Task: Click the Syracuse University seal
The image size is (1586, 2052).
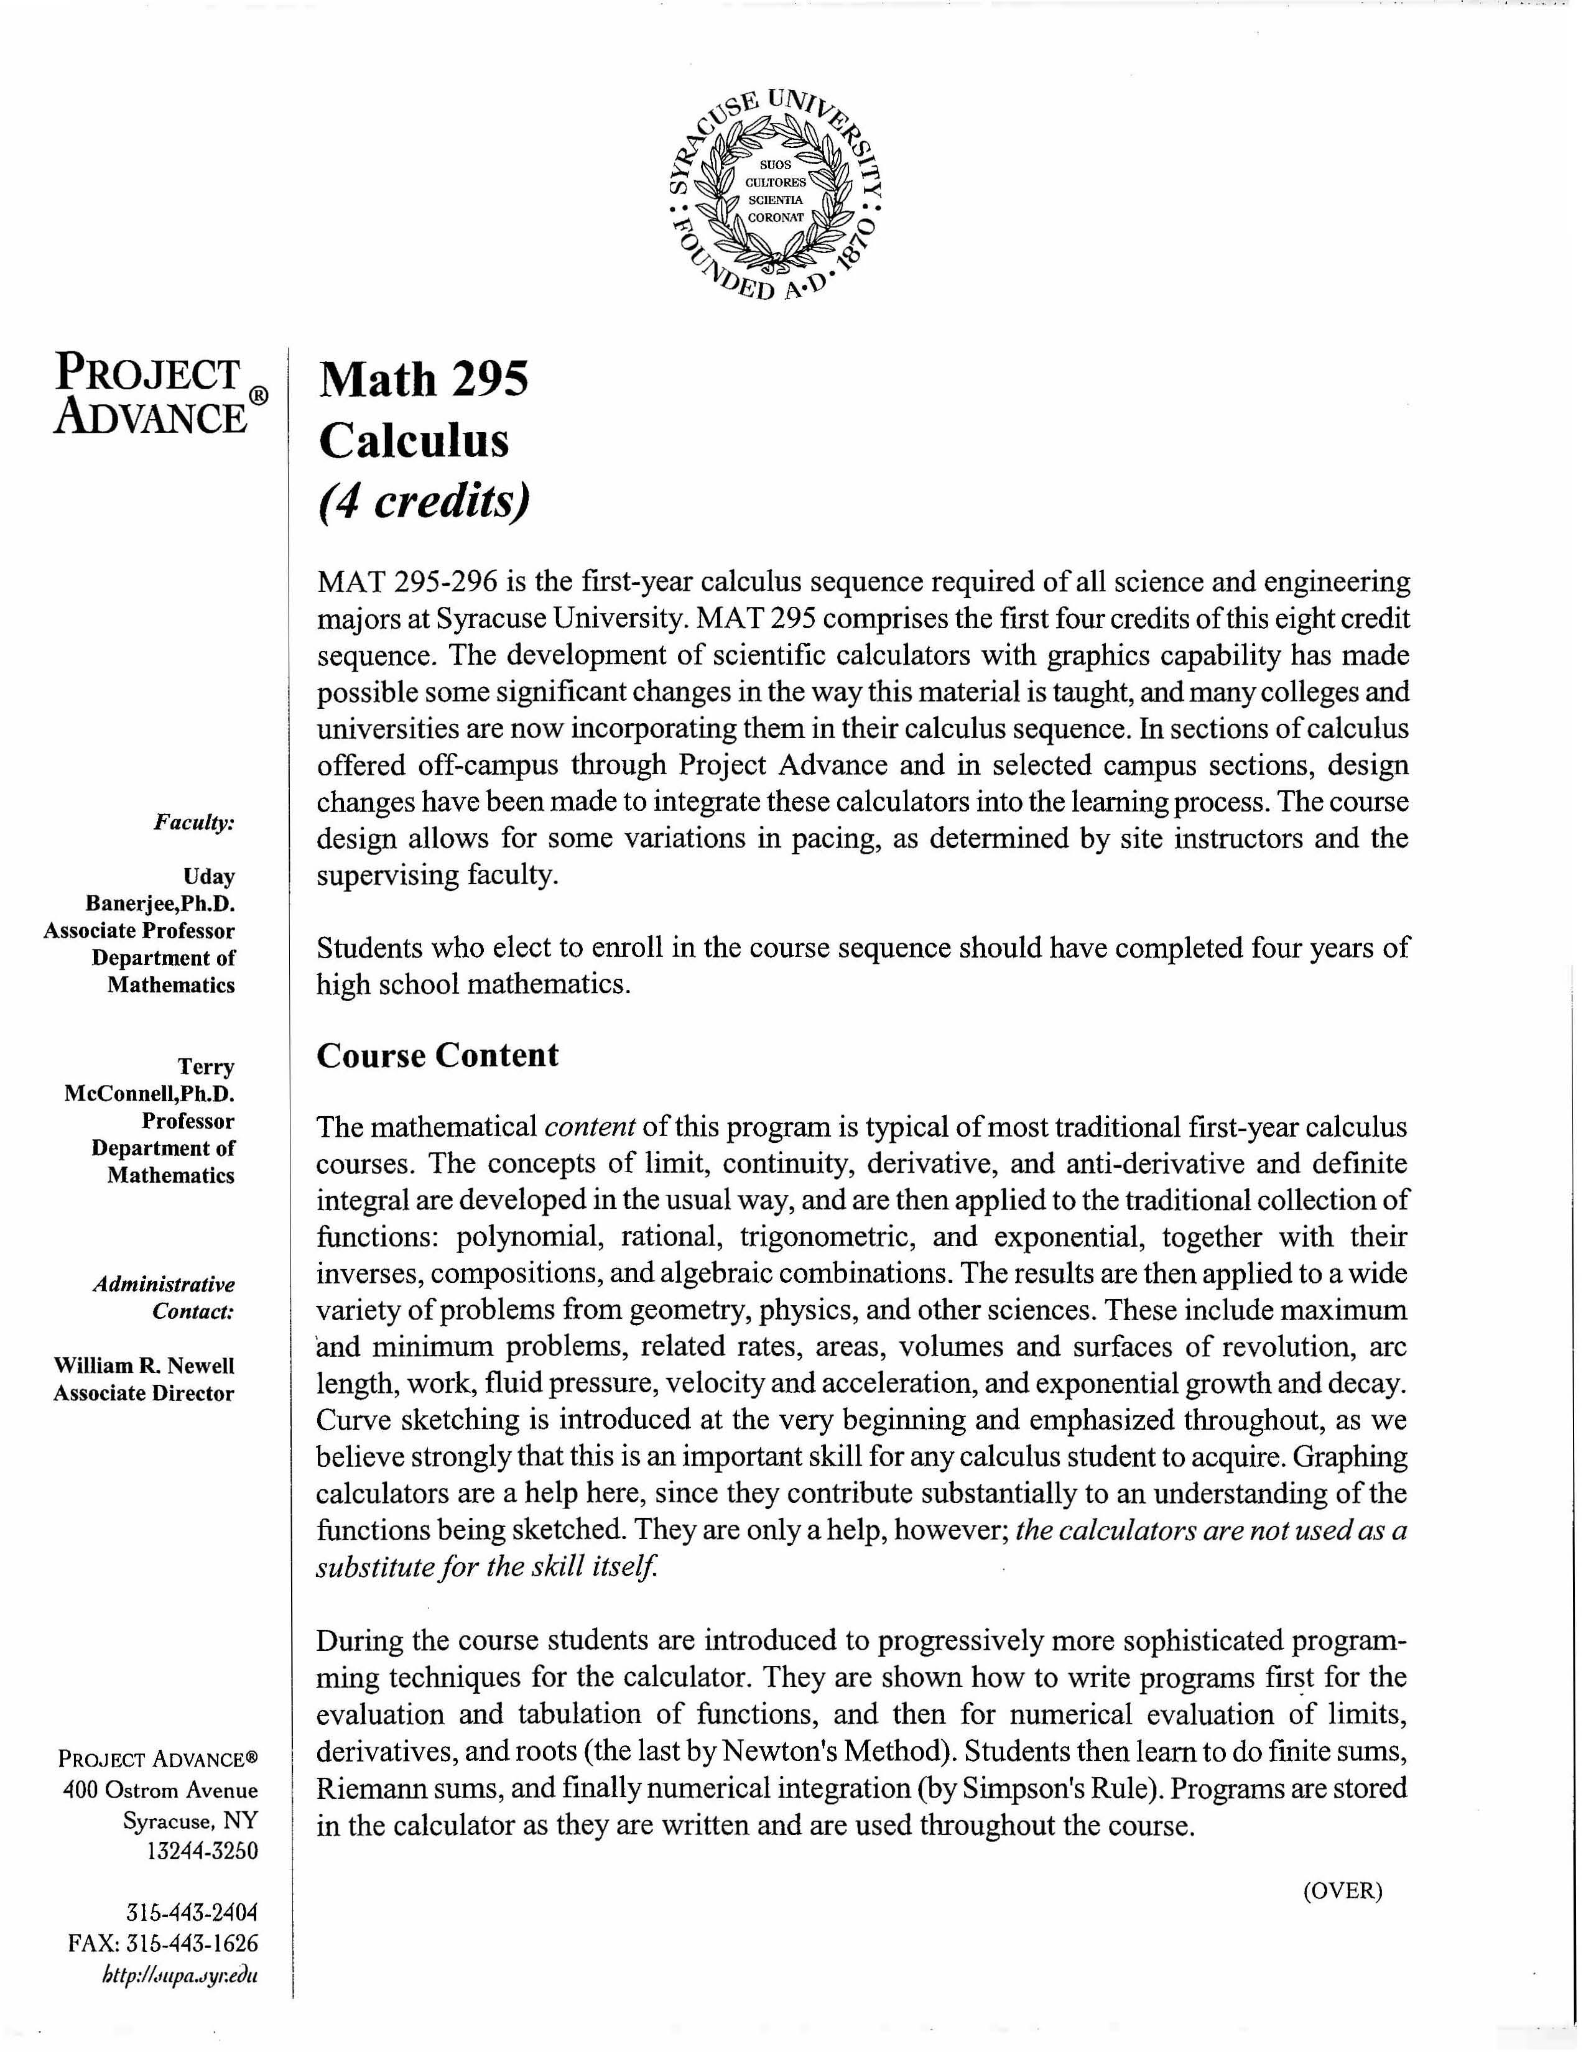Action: pos(776,195)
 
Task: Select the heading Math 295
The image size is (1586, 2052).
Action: pos(424,379)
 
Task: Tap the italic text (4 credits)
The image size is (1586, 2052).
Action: pos(424,501)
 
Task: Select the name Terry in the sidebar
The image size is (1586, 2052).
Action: pos(206,1066)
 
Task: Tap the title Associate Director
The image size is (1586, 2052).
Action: pos(144,1393)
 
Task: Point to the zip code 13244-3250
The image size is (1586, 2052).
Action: pos(202,1851)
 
